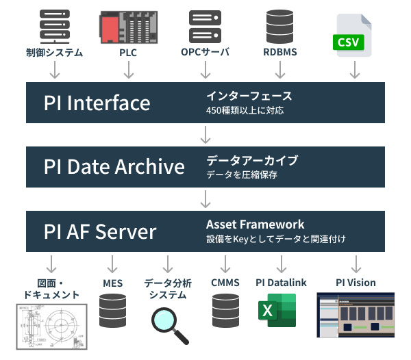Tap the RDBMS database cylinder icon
pos(279,26)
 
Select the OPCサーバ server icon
pos(204,27)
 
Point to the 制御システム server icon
pos(55,27)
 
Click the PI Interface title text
pos(97,103)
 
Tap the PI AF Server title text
pos(100,231)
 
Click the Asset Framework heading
pos(255,224)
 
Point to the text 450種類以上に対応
pos(245,110)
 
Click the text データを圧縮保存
pos(242,175)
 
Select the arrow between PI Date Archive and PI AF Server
pos(205,199)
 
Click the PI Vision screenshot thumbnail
pos(356,316)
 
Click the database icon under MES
pos(112,311)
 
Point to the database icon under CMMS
pos(225,311)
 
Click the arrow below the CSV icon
pos(355,70)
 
